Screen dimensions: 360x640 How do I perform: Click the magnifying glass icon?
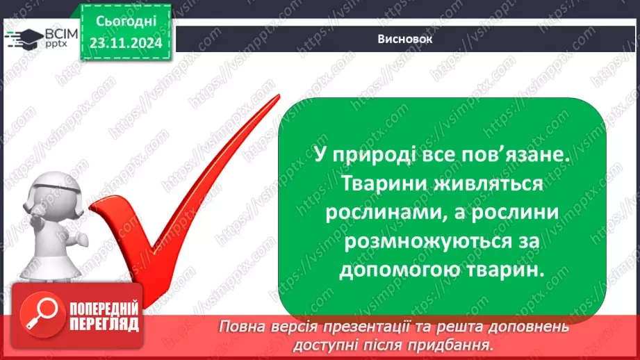coord(38,316)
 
